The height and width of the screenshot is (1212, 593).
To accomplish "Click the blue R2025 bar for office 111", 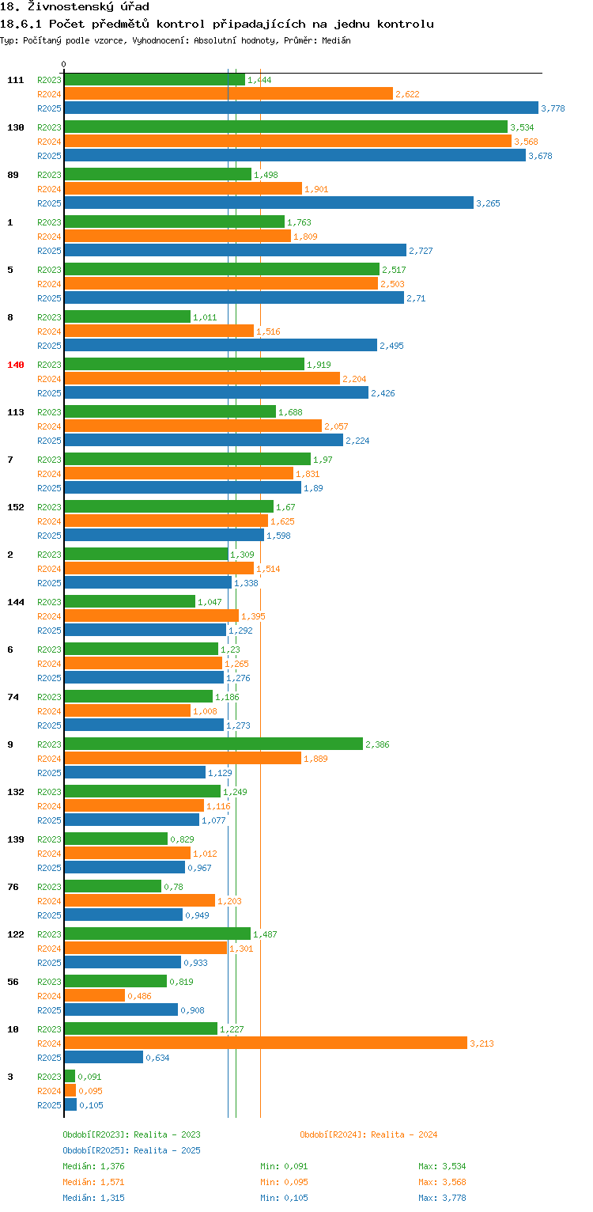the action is [x=301, y=108].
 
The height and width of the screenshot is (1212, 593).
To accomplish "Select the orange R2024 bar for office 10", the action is [x=266, y=1043].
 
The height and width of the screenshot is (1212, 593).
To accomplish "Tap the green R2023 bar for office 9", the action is [x=213, y=744].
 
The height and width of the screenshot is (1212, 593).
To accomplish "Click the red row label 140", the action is [x=16, y=365].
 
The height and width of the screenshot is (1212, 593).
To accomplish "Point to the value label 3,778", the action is [x=553, y=108].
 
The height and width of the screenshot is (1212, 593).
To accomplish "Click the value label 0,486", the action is [x=139, y=995].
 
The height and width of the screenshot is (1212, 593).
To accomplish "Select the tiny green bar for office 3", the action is [x=70, y=1076].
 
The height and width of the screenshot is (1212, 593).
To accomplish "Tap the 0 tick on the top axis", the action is [x=64, y=64].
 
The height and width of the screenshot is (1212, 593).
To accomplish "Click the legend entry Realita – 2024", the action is [x=368, y=1134].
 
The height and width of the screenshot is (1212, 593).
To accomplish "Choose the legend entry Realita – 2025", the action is [x=131, y=1150].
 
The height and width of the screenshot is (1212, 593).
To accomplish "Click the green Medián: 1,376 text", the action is [x=93, y=1166].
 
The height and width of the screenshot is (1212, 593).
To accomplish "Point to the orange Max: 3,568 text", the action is [x=442, y=1182].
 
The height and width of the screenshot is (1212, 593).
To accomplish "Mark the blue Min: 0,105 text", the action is [x=284, y=1198].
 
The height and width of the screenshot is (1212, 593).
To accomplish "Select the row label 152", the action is [x=16, y=507].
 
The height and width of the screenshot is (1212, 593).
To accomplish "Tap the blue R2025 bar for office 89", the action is [x=269, y=203].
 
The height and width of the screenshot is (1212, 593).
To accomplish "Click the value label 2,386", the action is [x=377, y=744].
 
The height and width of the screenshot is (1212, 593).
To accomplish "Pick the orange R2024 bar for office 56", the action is [x=95, y=995].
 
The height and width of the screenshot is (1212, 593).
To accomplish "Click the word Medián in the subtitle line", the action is [x=336, y=40].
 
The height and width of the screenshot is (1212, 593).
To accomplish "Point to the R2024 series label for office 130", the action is [x=49, y=142].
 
